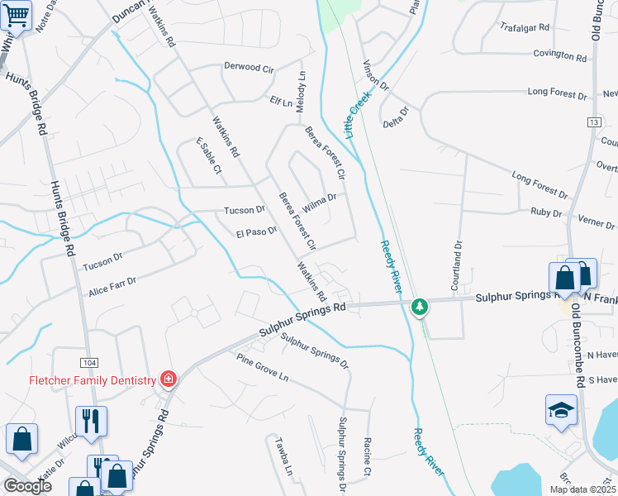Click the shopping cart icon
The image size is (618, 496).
pyautogui.click(x=16, y=14)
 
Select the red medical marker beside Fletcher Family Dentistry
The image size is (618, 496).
pyautogui.click(x=168, y=379)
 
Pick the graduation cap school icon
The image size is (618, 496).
pyautogui.click(x=561, y=410)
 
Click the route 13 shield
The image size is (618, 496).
pyautogui.click(x=593, y=122)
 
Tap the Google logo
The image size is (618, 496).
pyautogui.click(x=27, y=486)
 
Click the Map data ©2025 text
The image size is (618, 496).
pyautogui.click(x=582, y=489)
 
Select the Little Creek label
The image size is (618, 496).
pyautogui.click(x=359, y=115)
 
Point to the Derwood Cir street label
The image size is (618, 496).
pyautogui.click(x=249, y=68)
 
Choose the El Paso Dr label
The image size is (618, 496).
pyautogui.click(x=256, y=232)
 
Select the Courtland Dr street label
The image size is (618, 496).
pyautogui.click(x=455, y=266)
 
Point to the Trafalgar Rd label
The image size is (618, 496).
pyautogui.click(x=525, y=26)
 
